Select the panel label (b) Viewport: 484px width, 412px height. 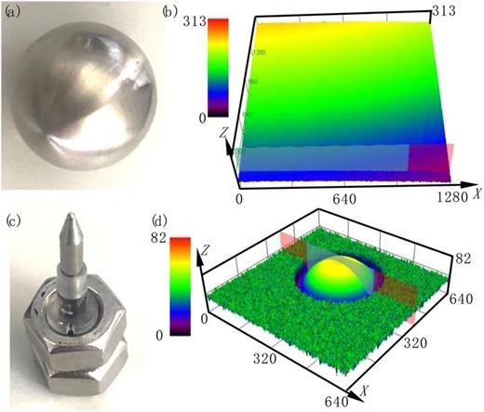[170, 12]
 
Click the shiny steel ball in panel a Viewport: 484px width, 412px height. [84, 98]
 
